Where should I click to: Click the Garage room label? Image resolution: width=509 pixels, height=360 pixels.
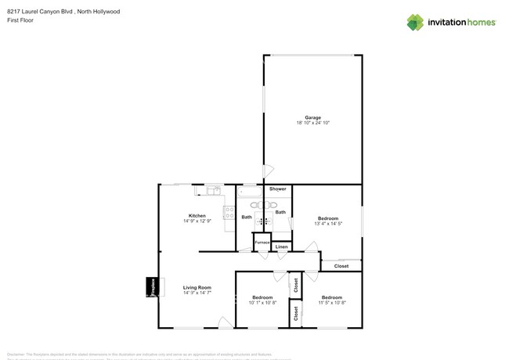[x=312, y=117]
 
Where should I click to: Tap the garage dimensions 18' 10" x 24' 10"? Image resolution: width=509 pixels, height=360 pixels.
[x=312, y=124]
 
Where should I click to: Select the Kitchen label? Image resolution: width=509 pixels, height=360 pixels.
[x=197, y=215]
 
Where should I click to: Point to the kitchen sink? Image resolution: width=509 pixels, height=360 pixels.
[x=212, y=189]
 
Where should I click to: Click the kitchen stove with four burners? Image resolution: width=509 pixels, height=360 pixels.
[x=229, y=212]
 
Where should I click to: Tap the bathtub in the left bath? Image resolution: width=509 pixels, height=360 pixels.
[x=251, y=191]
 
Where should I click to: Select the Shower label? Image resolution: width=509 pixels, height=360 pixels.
[x=277, y=189]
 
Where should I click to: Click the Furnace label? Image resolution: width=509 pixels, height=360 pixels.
[x=262, y=243]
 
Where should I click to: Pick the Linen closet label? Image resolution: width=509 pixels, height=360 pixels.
[x=281, y=247]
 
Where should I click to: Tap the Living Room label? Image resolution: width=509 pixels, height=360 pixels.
[x=197, y=288]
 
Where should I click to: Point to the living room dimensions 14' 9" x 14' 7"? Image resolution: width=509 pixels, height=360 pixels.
[x=197, y=293]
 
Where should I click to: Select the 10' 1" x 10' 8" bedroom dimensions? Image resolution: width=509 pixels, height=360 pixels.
[x=262, y=303]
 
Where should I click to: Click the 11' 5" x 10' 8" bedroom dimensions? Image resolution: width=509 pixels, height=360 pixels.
[x=332, y=303]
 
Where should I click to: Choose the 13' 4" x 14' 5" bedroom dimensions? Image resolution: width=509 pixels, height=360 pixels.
[x=328, y=224]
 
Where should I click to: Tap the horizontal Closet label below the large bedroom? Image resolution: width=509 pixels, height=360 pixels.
[x=341, y=266]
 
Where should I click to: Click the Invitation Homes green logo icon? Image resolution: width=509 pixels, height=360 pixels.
[x=415, y=22]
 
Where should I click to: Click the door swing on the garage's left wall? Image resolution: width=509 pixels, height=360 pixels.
[x=268, y=170]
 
